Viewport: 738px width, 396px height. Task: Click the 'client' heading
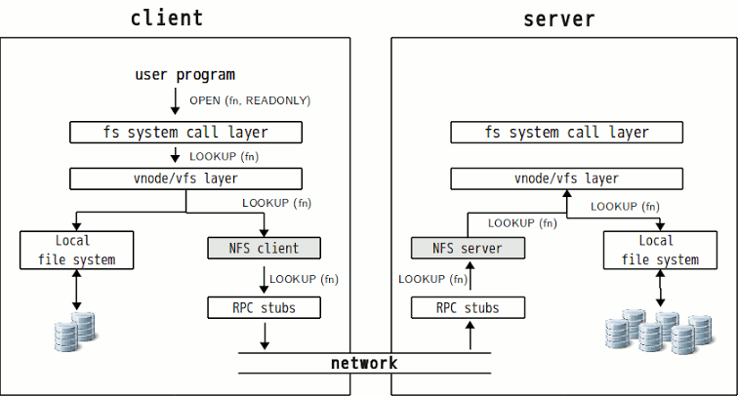(x=167, y=19)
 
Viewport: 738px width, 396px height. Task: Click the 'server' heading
(x=559, y=20)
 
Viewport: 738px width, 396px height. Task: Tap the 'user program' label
(x=184, y=75)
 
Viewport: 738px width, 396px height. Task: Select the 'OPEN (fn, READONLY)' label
(x=250, y=100)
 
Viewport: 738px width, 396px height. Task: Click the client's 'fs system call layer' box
(x=185, y=132)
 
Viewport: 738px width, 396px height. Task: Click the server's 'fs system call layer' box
(x=566, y=132)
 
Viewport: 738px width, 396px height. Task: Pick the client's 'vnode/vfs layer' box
(x=185, y=178)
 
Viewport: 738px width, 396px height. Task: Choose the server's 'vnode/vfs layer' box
(x=566, y=178)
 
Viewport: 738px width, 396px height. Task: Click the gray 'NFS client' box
(x=264, y=248)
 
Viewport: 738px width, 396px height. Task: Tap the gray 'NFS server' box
(x=468, y=248)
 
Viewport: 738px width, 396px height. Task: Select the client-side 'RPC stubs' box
(x=264, y=307)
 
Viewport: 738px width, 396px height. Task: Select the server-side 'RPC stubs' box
(x=468, y=307)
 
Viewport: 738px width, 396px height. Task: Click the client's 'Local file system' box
(x=77, y=250)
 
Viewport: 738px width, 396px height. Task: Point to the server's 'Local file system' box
(x=660, y=250)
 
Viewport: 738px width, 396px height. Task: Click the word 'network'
(x=364, y=363)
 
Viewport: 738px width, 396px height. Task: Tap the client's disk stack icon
(x=75, y=331)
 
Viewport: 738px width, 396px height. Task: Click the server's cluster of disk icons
(x=659, y=331)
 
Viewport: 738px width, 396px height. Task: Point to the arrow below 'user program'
(x=175, y=101)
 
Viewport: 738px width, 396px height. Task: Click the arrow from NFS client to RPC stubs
(x=264, y=280)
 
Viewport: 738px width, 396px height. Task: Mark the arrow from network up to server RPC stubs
(x=470, y=336)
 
